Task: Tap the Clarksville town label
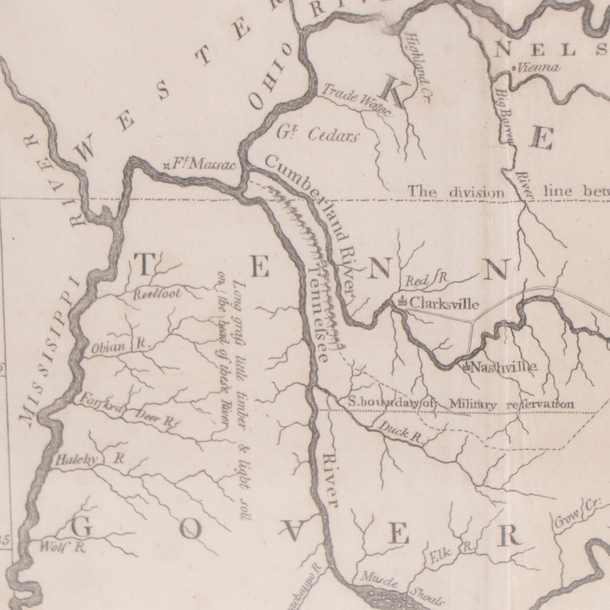[x=444, y=304]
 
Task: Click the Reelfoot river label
[x=158, y=295]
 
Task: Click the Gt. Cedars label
[x=318, y=135]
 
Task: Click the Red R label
[x=426, y=280]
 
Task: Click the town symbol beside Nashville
[x=465, y=367]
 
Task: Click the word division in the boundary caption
[x=477, y=192]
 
